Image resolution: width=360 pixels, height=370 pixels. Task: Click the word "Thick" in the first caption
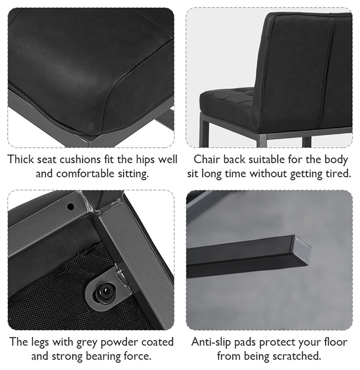click(x=21, y=159)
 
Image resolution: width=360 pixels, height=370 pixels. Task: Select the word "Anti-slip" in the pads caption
click(x=211, y=342)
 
